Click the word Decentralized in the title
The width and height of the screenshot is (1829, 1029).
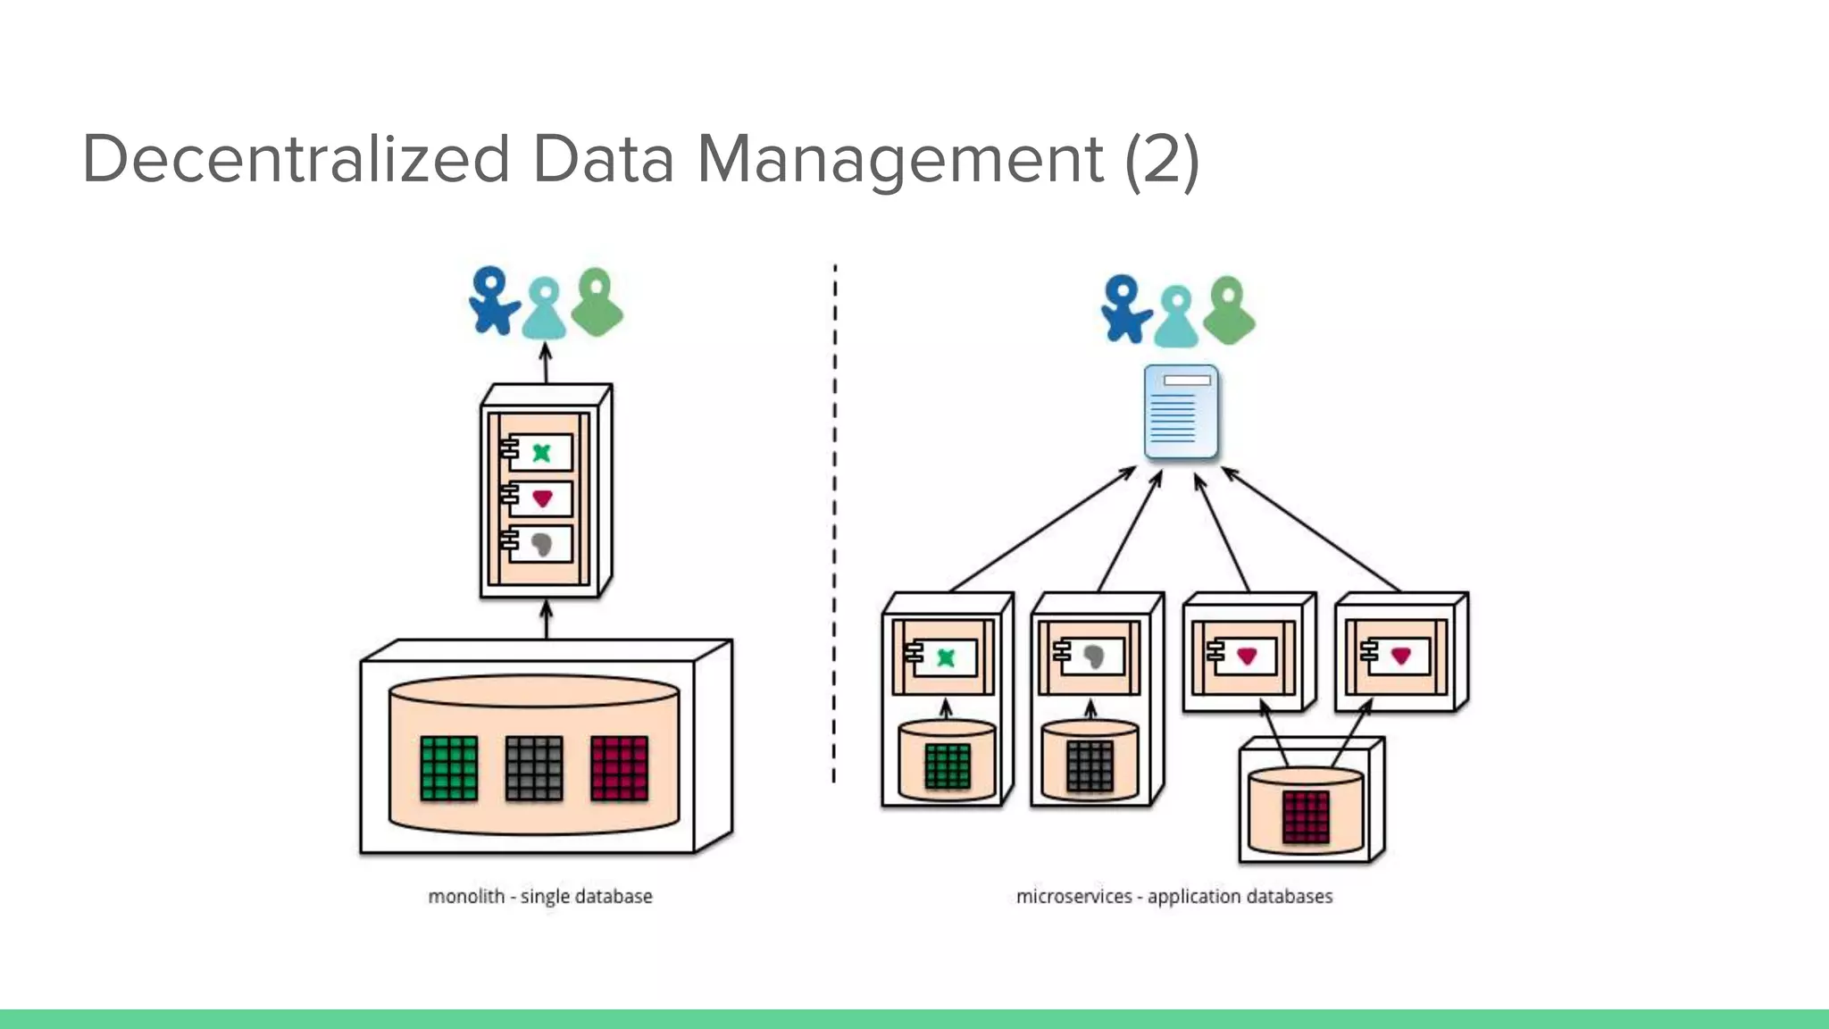296,159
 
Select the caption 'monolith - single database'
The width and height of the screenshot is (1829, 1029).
539,896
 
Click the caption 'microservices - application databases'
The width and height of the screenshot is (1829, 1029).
1173,896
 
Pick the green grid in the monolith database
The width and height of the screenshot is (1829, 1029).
448,768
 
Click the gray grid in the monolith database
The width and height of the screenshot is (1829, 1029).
534,768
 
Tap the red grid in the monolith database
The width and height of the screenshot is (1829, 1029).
619,768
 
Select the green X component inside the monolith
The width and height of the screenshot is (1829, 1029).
540,452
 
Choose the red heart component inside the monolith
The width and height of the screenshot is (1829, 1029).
540,498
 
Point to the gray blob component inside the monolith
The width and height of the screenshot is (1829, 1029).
540,543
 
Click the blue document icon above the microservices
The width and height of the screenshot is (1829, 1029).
1181,412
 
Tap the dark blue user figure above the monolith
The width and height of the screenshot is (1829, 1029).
491,302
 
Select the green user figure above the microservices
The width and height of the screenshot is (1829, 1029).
1229,311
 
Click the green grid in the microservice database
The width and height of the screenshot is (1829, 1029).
947,766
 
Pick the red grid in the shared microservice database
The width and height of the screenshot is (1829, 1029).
1306,816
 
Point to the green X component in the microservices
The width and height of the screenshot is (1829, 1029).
944,658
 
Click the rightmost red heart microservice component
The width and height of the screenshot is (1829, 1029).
1399,657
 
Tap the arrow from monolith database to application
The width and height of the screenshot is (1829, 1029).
547,619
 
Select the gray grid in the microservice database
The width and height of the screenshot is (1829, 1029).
1090,766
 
